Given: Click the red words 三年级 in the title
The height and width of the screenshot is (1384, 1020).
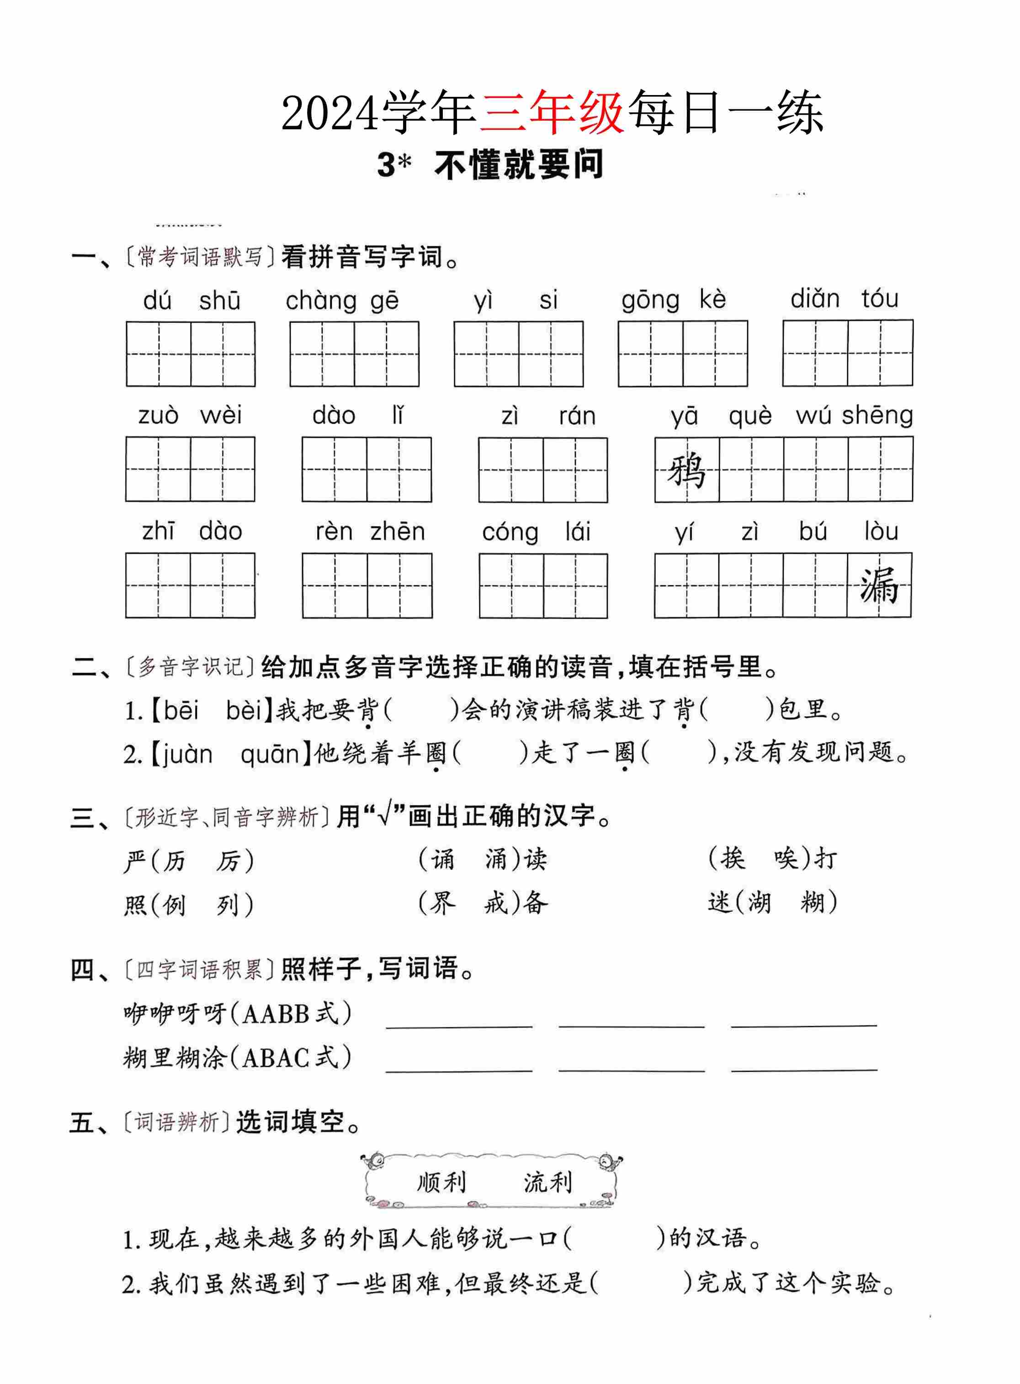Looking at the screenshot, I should point(552,113).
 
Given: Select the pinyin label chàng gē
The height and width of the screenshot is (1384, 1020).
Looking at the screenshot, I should point(342,301).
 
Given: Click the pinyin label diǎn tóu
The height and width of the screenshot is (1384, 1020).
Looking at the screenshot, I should point(844,299).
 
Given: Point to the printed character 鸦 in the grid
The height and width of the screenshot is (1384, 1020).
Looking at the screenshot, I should point(686,470).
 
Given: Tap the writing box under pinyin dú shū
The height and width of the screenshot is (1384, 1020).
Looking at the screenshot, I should point(190,354).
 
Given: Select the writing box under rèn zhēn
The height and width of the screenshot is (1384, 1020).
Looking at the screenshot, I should point(367,585).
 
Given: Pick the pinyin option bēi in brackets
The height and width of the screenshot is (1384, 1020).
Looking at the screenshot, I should point(181,711).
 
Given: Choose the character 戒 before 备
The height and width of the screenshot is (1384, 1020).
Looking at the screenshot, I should point(495,904).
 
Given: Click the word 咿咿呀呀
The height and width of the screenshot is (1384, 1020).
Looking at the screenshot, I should point(175,1013).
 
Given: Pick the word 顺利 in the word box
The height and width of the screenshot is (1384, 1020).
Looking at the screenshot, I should point(441,1182).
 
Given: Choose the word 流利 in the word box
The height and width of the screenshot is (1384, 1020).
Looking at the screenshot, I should point(547,1182).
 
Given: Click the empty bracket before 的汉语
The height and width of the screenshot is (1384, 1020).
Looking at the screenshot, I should point(614,1238).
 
